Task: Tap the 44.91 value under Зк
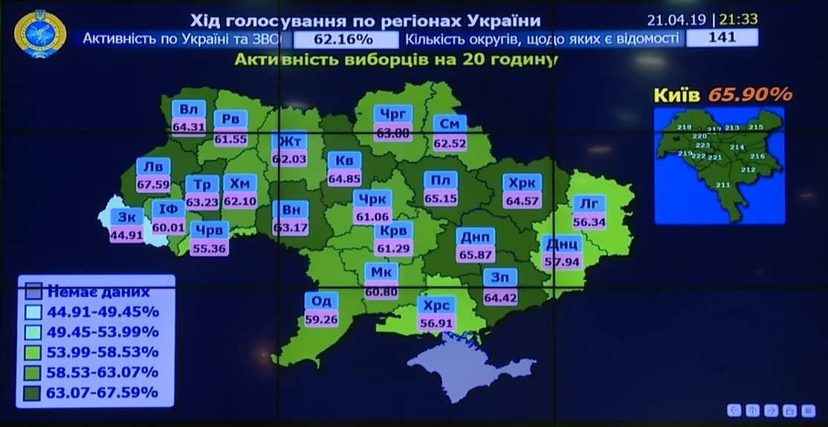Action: point(126,235)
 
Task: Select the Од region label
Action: point(321,301)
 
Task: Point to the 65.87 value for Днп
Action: point(476,254)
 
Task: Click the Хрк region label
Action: point(522,183)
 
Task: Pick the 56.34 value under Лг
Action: point(589,221)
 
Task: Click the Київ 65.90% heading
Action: point(722,94)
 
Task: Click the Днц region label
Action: point(562,244)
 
